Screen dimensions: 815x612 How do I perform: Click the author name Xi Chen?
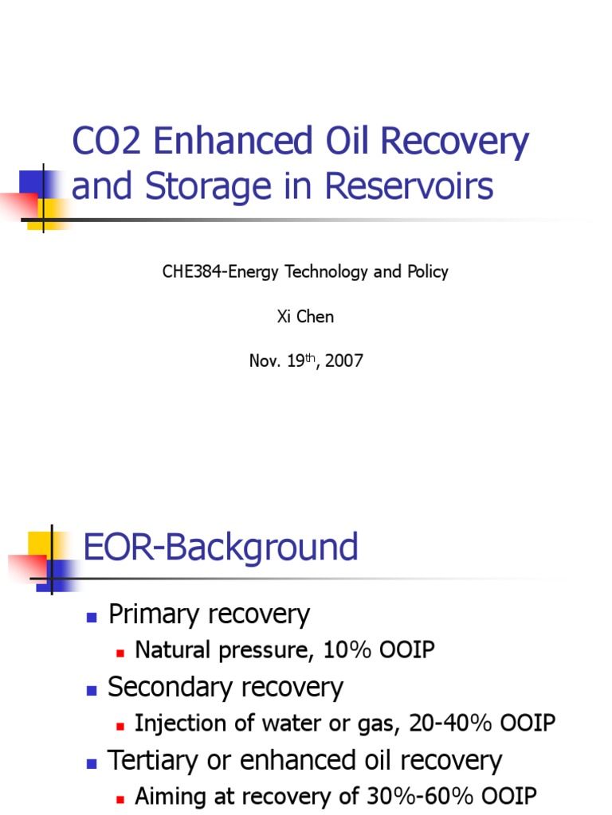304,317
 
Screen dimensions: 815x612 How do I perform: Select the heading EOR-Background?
221,548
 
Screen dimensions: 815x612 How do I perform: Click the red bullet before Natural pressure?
120,652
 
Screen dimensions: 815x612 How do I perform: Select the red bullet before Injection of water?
120,725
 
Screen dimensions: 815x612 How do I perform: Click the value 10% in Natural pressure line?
346,651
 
